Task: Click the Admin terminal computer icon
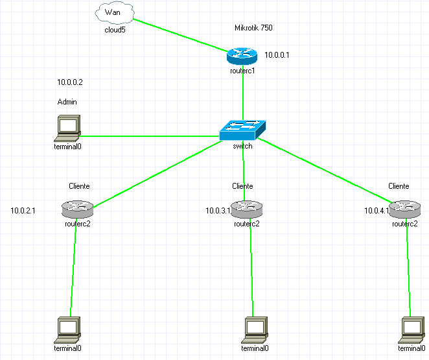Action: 67,128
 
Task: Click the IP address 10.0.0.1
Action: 277,55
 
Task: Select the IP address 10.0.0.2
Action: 70,82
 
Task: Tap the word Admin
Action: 67,102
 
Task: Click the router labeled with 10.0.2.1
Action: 78,209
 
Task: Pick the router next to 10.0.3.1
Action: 246,208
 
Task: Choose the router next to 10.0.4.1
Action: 404,208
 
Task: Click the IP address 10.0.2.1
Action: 23,211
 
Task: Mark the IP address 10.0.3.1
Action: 218,211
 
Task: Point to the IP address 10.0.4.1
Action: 377,211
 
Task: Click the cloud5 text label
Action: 115,30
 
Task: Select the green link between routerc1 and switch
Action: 242,97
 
